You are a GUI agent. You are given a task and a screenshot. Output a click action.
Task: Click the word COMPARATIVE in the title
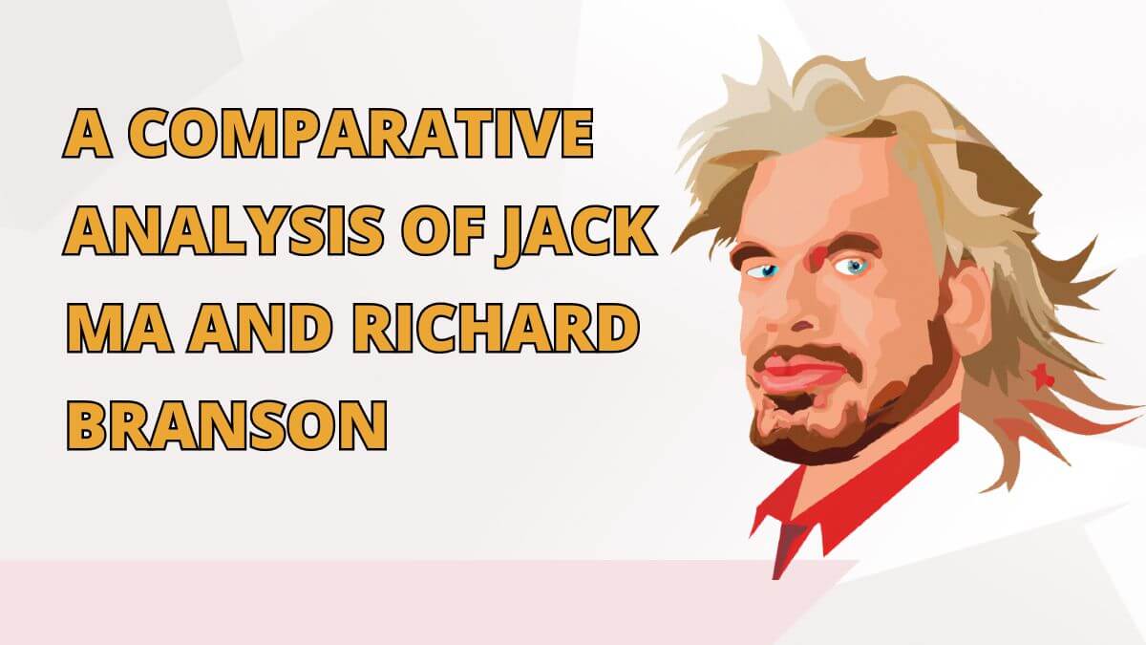pyautogui.click(x=361, y=133)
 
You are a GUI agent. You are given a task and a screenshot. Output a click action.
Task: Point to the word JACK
pyautogui.click(x=576, y=235)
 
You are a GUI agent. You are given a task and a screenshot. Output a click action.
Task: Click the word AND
pyautogui.click(x=259, y=328)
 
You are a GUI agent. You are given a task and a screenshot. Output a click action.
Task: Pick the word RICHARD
pyautogui.click(x=497, y=328)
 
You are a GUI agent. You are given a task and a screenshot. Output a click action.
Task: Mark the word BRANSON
pyautogui.click(x=226, y=425)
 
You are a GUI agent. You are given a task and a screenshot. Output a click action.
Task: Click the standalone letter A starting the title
pyautogui.click(x=88, y=133)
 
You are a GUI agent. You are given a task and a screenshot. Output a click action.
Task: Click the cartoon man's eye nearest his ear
pyautogui.click(x=852, y=266)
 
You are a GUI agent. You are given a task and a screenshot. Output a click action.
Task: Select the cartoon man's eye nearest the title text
pyautogui.click(x=764, y=269)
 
